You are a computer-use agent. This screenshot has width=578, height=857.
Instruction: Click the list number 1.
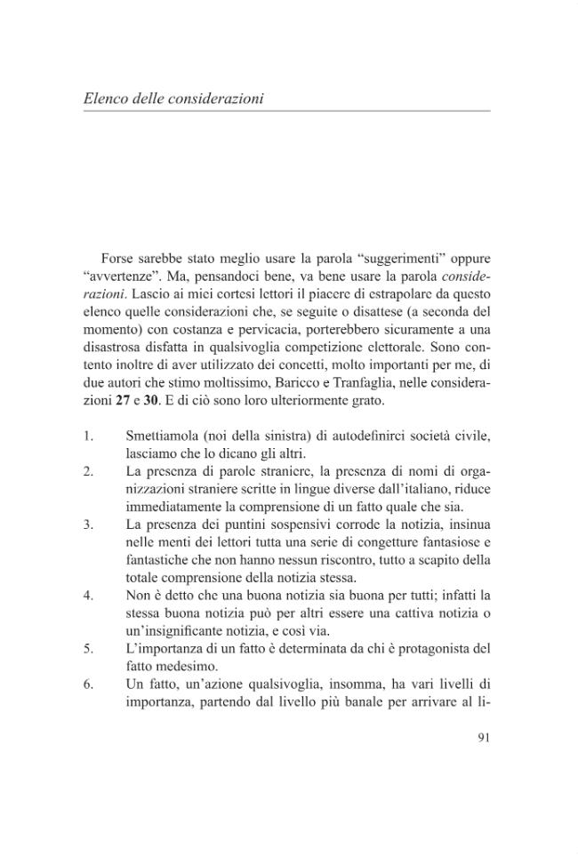pyautogui.click(x=90, y=437)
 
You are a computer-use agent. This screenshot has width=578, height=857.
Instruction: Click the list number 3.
pyautogui.click(x=90, y=524)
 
